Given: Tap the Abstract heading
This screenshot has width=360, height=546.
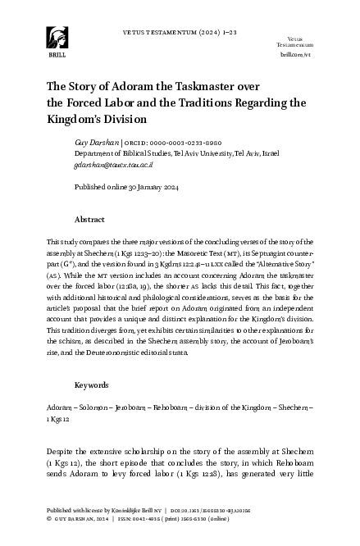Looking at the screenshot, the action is pyautogui.click(x=89, y=221).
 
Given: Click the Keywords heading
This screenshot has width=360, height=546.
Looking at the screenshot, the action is pyautogui.click(x=92, y=384).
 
